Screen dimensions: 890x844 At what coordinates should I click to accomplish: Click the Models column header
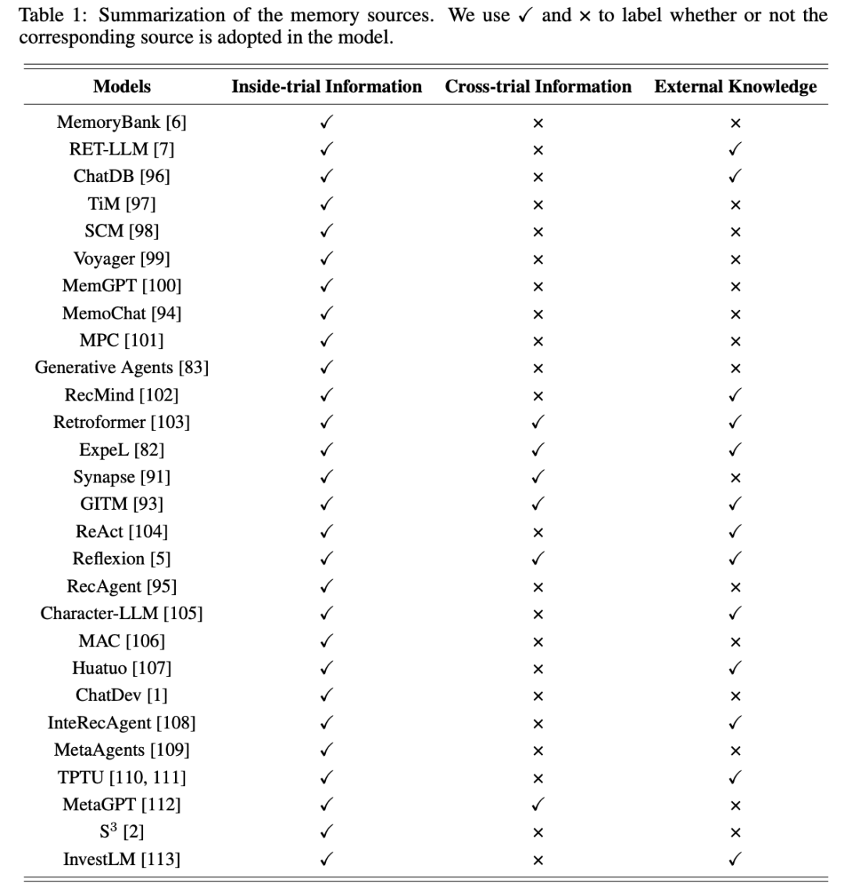(x=122, y=87)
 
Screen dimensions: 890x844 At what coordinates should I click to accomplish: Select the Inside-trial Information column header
(x=327, y=87)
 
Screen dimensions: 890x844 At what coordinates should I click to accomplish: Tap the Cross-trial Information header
(x=538, y=87)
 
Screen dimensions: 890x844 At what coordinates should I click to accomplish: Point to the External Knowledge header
(x=735, y=87)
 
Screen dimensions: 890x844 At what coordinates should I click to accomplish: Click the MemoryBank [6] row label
(x=122, y=122)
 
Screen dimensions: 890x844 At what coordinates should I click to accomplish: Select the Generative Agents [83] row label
(x=122, y=368)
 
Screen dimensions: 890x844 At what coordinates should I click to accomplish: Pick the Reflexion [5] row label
(x=122, y=559)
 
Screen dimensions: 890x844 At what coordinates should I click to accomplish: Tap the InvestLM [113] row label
(x=122, y=860)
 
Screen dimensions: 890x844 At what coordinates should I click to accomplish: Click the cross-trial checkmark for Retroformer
(x=538, y=422)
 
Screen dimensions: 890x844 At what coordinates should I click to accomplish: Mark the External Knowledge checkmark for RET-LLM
(x=735, y=149)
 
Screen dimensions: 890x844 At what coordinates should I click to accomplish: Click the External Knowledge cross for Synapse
(x=735, y=477)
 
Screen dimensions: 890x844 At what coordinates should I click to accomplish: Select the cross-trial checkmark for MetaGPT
(x=538, y=805)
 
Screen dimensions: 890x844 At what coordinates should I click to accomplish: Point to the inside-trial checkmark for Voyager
(x=327, y=258)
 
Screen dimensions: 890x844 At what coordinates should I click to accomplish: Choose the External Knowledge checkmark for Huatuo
(x=735, y=668)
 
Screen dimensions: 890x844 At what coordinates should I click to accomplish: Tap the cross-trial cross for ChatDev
(x=538, y=696)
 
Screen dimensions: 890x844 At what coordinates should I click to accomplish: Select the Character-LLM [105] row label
(x=122, y=614)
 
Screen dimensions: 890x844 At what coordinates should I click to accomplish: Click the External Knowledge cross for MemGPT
(x=735, y=286)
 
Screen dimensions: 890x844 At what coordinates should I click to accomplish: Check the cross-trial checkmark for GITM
(x=538, y=504)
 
